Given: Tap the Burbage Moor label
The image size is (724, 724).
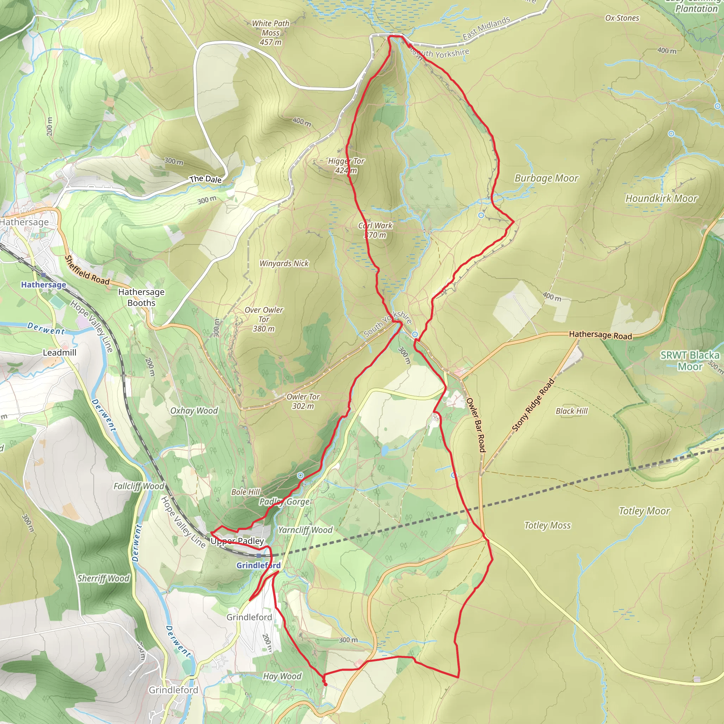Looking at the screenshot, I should pos(547,179).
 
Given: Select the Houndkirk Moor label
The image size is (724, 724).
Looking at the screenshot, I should pos(661,199).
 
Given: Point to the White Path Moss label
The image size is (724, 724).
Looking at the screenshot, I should pos(270,33).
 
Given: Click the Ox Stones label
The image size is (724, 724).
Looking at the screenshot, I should pos(622,18).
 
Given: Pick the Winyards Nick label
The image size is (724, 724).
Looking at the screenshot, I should pos(284,263).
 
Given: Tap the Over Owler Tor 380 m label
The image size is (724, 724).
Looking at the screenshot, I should pos(264,319).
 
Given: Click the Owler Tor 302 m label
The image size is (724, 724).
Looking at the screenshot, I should pos(303,401).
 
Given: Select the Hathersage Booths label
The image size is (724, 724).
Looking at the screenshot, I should pos(141,297).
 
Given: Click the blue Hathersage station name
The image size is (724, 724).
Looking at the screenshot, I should pos(43,285).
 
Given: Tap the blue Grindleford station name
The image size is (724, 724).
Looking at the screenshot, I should pos(258,565).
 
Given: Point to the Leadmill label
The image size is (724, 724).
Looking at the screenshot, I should pos(60,352).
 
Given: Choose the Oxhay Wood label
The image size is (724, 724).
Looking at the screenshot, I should pos(194,411).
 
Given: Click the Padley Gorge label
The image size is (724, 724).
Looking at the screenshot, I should pos(285,501).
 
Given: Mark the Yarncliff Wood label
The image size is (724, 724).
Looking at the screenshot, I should pos(305,530).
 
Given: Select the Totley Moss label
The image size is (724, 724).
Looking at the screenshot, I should pos(547,525).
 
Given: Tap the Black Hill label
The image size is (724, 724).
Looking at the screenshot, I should pos(572,411).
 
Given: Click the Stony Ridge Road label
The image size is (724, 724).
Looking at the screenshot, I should pos(532,405).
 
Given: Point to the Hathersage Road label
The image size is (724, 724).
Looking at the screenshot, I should pos(600,335).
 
